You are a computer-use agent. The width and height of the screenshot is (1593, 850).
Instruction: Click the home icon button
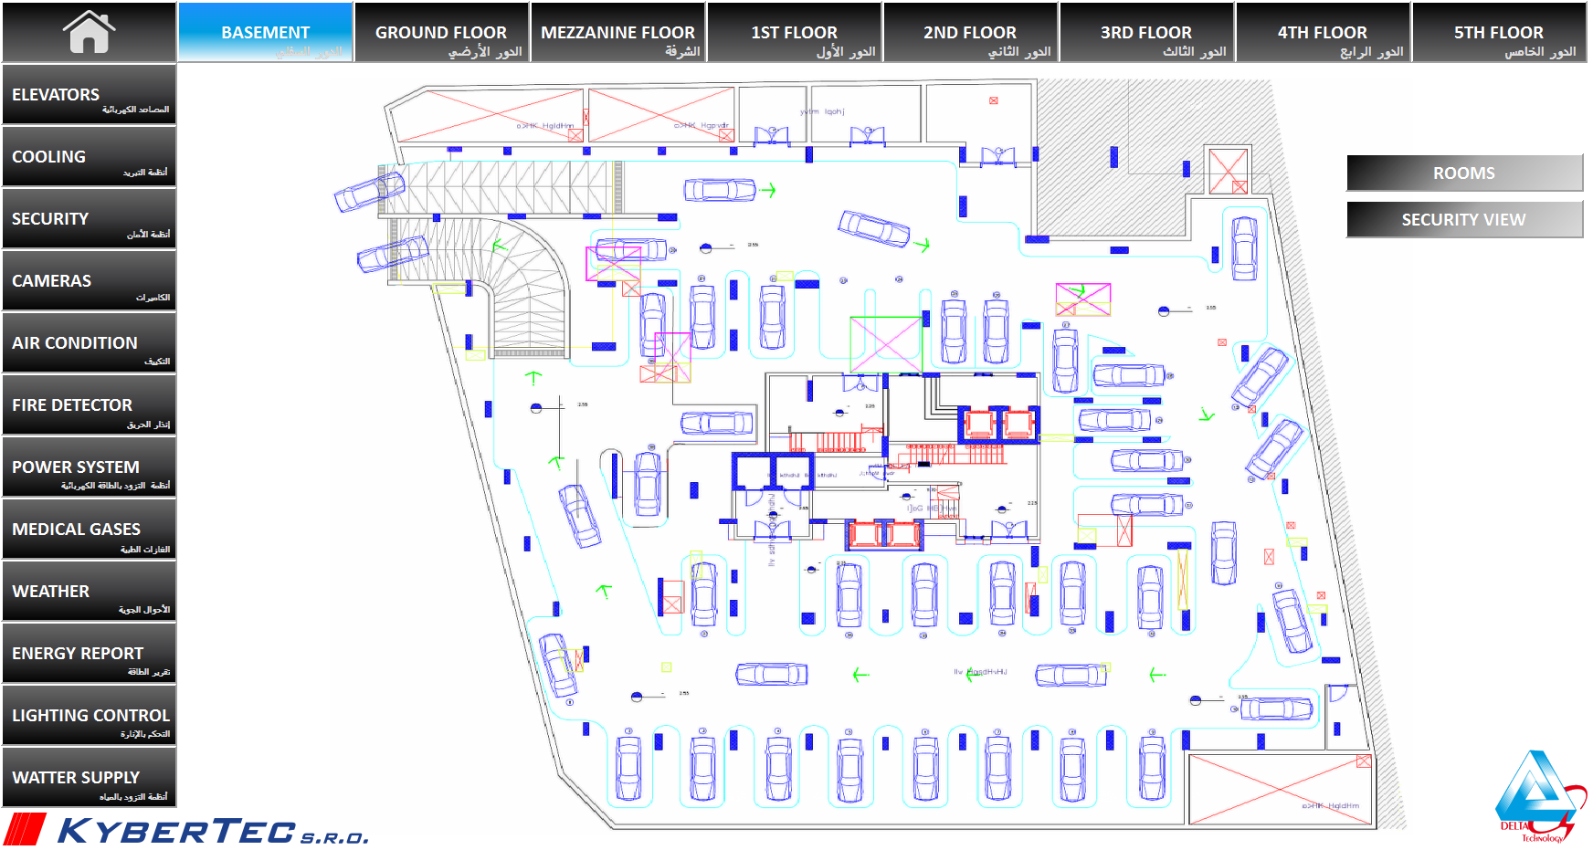(x=89, y=32)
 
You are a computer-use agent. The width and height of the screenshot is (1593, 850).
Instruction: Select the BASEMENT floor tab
(x=265, y=33)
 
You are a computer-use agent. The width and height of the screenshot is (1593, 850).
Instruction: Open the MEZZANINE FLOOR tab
(x=617, y=33)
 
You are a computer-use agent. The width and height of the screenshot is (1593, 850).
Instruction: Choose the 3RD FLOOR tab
(x=1146, y=33)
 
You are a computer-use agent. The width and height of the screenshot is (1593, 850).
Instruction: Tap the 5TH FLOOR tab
(x=1499, y=33)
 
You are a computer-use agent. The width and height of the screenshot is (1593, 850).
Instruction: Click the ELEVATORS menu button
(x=89, y=94)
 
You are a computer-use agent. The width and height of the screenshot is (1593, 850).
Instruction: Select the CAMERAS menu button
(x=89, y=281)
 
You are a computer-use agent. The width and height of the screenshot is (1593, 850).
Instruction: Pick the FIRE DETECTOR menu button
(x=89, y=405)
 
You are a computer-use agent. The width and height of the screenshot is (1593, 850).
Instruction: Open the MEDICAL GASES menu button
(x=89, y=530)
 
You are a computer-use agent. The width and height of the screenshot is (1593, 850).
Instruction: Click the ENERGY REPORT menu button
(x=89, y=654)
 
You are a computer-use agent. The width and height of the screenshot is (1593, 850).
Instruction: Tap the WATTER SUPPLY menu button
(x=89, y=778)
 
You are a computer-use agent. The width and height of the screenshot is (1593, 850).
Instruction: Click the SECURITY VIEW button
(x=1463, y=220)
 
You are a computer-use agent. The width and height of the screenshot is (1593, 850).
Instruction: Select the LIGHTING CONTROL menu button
(x=89, y=716)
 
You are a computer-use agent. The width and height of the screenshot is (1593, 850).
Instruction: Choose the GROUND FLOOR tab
(x=441, y=33)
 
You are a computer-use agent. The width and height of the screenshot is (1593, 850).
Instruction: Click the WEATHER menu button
(x=89, y=592)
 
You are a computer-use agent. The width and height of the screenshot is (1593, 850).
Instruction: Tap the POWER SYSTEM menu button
(x=89, y=467)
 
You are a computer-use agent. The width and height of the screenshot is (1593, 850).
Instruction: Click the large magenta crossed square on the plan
(x=885, y=344)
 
